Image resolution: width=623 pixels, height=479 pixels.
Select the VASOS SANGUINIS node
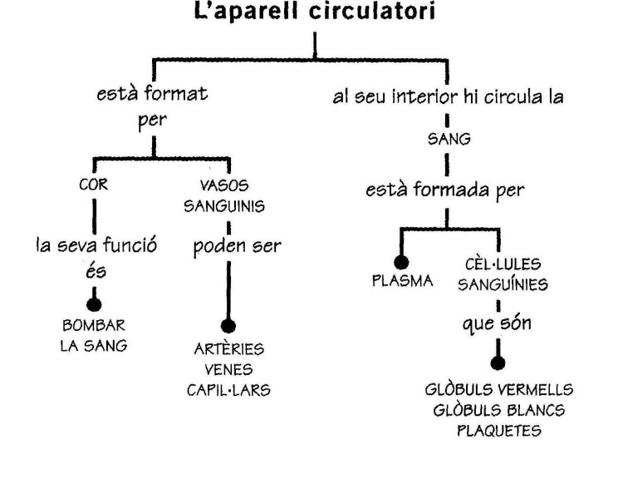224,196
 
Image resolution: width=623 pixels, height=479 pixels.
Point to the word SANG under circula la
448,141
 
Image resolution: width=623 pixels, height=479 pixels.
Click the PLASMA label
403,280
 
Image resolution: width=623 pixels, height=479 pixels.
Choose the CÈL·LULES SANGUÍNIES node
498,275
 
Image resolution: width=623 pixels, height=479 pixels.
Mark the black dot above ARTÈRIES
228,325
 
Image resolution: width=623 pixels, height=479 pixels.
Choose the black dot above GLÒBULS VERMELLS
498,363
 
